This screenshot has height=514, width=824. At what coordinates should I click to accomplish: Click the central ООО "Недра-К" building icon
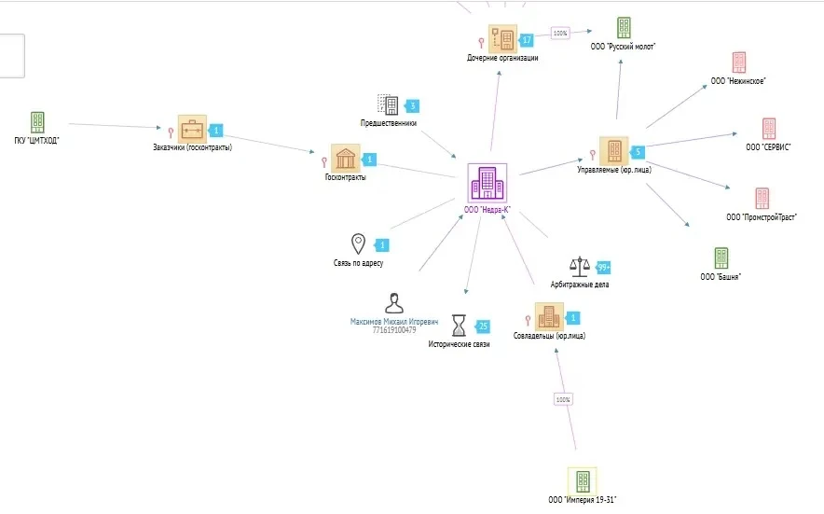tap(487, 183)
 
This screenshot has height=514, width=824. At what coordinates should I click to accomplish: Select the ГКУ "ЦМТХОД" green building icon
tap(37, 121)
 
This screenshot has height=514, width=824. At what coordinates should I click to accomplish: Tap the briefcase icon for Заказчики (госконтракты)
tap(192, 130)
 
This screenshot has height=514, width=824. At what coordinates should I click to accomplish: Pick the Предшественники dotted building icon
tap(388, 105)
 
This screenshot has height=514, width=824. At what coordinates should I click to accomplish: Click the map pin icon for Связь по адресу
tap(358, 244)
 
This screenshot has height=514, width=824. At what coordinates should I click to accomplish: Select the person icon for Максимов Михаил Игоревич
tap(393, 303)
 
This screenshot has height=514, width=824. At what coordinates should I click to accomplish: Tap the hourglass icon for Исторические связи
tap(459, 325)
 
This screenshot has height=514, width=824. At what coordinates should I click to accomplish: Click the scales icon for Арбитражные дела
tap(580, 267)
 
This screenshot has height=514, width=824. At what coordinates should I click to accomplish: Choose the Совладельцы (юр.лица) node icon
tap(549, 316)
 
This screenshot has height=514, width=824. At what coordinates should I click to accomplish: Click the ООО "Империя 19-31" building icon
tap(582, 480)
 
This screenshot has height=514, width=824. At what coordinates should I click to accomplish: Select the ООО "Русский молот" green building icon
tap(624, 28)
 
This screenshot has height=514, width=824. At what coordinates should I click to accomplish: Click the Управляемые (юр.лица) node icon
tap(613, 150)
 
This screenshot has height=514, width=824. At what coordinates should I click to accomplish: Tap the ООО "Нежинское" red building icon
tap(738, 63)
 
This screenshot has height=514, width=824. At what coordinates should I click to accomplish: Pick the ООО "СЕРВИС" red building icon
tap(768, 129)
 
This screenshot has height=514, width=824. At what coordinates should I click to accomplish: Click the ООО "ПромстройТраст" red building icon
tap(762, 198)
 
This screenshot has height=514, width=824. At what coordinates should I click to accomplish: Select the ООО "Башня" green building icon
tap(721, 257)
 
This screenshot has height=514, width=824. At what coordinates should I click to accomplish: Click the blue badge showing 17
tap(527, 40)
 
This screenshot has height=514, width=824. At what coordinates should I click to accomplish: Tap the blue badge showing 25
tap(483, 326)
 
